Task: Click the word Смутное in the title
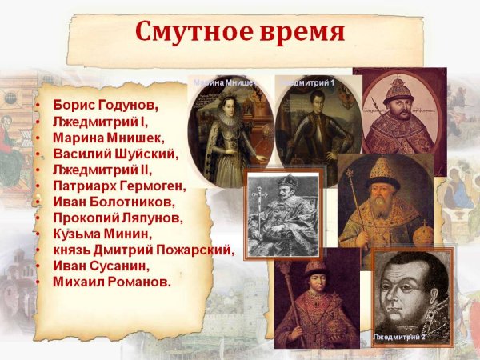coord(190,31)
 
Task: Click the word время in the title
coord(300,31)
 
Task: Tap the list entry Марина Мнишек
coord(108,138)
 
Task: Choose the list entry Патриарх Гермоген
coord(119,186)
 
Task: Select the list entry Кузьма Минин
coord(101,234)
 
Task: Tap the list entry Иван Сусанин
coord(98,266)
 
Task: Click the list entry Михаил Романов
coord(112,282)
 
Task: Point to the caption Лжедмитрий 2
coord(401,338)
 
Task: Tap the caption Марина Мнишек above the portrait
coord(229,82)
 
